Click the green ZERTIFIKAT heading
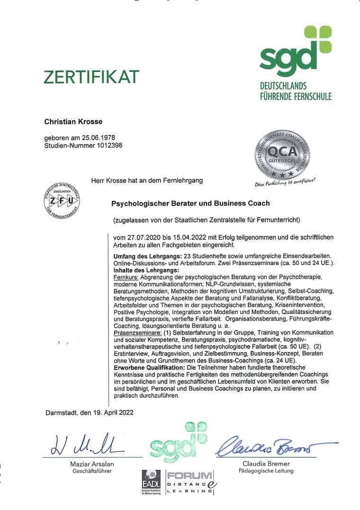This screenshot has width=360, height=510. (x=92, y=77)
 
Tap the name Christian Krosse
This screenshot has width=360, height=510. (x=73, y=122)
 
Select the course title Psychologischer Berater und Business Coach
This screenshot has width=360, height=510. (x=190, y=203)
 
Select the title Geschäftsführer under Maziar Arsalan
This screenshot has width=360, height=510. (x=92, y=471)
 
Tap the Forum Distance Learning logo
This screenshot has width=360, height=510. (x=190, y=483)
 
